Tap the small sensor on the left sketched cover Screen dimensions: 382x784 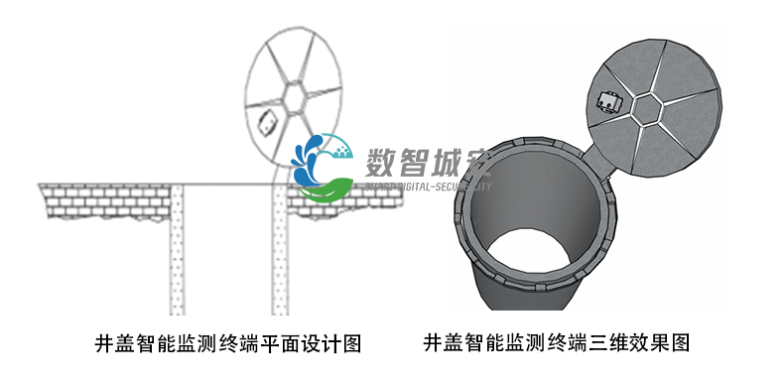(x=267, y=124)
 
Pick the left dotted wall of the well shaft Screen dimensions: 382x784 (x=177, y=249)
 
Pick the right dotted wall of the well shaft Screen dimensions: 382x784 (x=281, y=249)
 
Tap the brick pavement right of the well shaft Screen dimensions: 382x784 (x=357, y=198)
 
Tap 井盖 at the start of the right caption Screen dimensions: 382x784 (x=445, y=344)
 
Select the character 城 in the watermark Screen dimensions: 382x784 (x=452, y=162)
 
